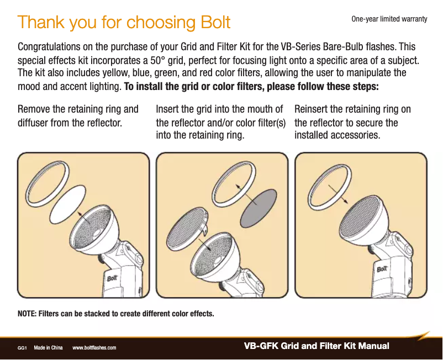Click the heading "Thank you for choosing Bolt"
click(x=124, y=23)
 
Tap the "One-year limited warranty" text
click(x=389, y=19)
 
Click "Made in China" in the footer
click(x=48, y=348)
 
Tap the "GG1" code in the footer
click(x=23, y=348)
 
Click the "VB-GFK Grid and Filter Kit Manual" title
click(x=317, y=346)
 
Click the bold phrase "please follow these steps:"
click(x=319, y=87)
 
